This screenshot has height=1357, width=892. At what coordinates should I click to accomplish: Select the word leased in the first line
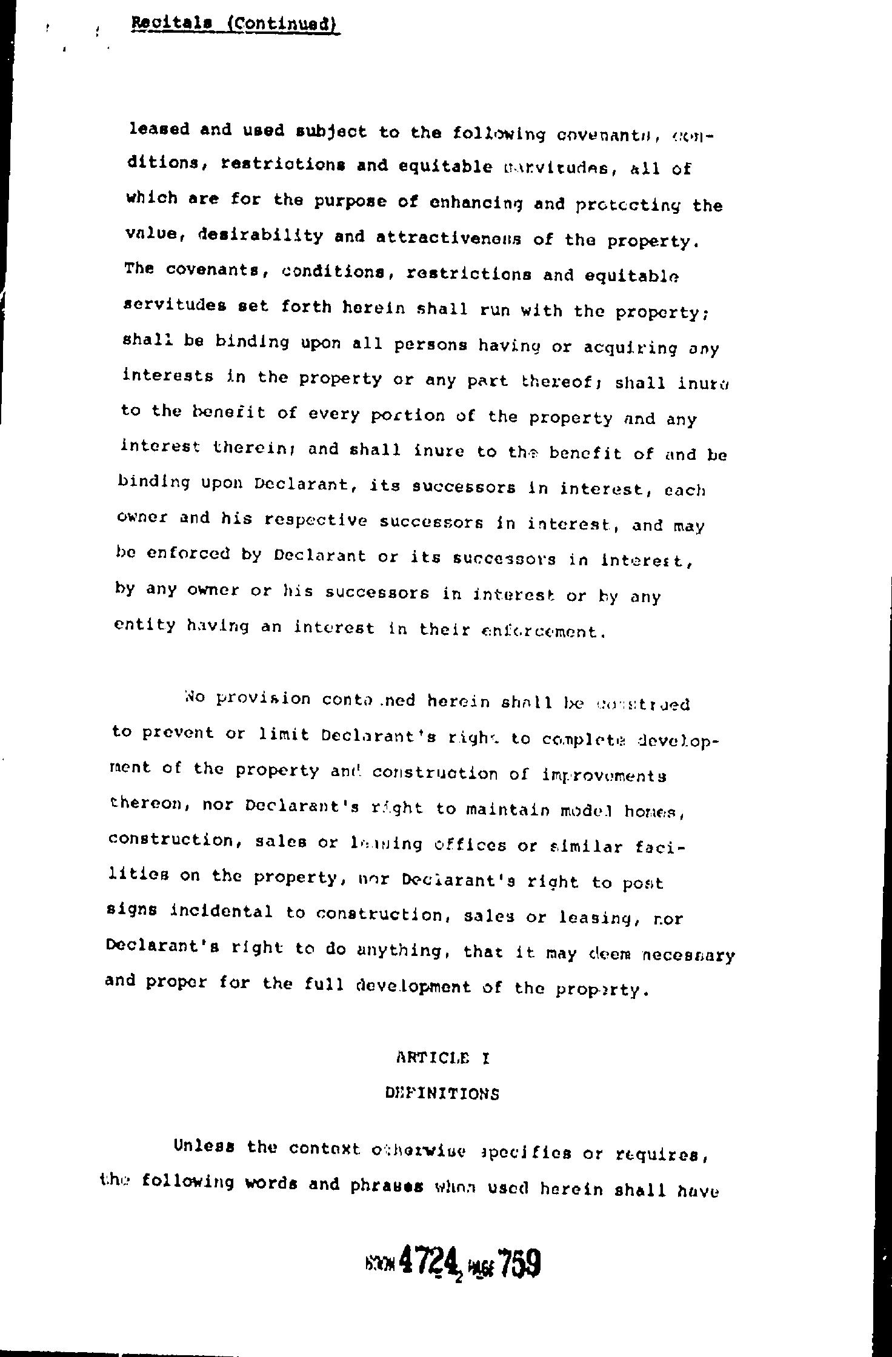click(x=159, y=130)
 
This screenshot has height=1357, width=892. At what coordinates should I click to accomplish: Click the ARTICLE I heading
click(x=443, y=1058)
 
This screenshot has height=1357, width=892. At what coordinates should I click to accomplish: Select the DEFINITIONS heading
click(x=442, y=1093)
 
